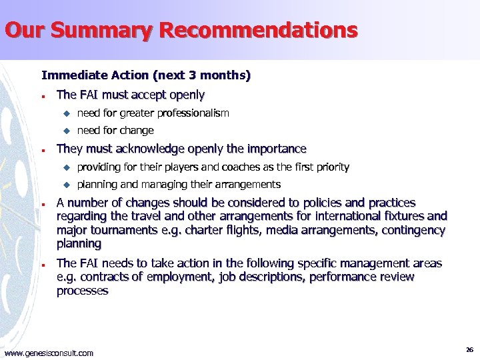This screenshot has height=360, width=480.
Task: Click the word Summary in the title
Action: click(99, 31)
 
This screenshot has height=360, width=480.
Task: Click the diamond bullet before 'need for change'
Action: click(67, 131)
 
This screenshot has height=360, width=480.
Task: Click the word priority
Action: click(330, 167)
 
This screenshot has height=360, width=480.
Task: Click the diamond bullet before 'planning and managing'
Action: click(67, 185)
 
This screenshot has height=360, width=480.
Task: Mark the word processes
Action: click(82, 291)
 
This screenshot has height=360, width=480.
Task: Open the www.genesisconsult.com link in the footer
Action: click(49, 353)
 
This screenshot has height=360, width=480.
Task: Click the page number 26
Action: click(469, 349)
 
